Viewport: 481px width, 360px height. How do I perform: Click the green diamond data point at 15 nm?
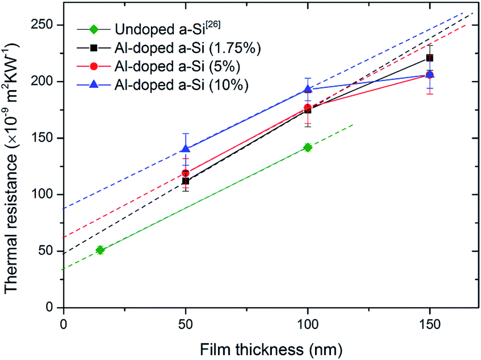(100, 250)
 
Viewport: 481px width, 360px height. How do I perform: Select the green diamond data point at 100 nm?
(307, 148)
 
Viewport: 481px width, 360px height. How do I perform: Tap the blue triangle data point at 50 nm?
(186, 149)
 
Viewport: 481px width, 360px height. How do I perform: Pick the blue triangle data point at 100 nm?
(307, 89)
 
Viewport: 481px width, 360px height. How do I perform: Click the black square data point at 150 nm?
(429, 58)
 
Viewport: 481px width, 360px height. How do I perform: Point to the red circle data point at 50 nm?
(186, 173)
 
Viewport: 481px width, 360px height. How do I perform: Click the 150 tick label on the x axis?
(429, 325)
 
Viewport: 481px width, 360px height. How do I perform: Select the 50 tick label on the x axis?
(186, 325)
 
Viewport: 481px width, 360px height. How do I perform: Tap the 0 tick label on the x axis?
(63, 325)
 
